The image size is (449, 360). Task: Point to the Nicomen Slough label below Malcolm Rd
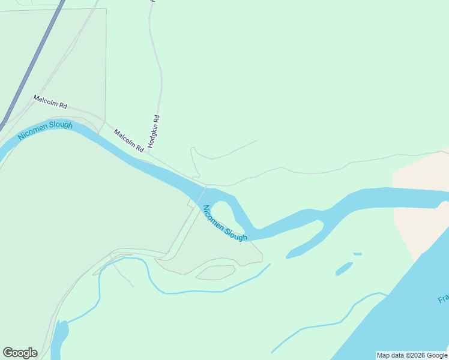click(x=45, y=131)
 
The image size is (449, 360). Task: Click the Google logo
click(x=20, y=353)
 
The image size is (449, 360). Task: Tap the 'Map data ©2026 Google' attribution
click(x=412, y=355)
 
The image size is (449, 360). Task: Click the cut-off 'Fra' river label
click(x=443, y=299)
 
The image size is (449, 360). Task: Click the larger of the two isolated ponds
click(x=344, y=269)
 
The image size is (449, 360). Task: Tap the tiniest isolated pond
click(x=358, y=254)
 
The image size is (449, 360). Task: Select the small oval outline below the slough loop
click(x=215, y=273)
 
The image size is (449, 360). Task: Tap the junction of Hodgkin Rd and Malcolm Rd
click(x=149, y=154)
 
